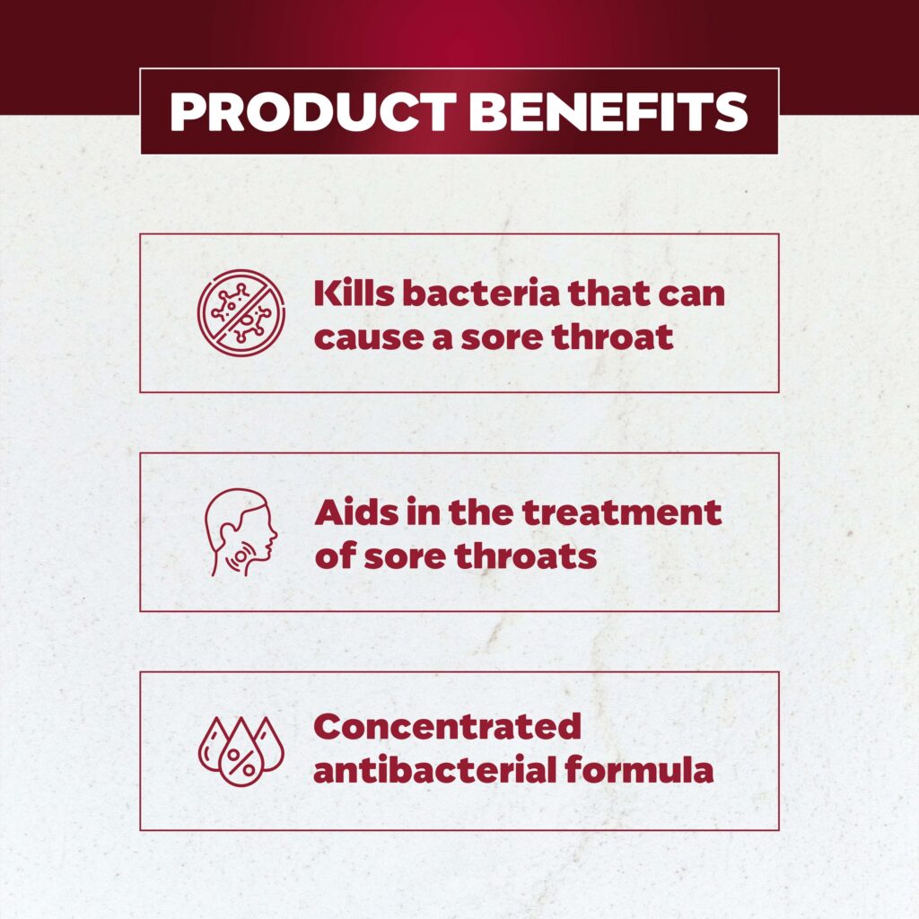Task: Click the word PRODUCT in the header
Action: [313, 111]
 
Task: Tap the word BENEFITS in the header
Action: [608, 111]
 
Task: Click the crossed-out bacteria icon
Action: [241, 313]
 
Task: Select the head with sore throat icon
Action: [241, 532]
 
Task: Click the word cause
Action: [369, 337]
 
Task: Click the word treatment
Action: [622, 512]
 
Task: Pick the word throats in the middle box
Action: [526, 556]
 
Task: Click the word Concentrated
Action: [448, 727]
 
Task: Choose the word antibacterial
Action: [435, 770]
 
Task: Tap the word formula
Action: [639, 770]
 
